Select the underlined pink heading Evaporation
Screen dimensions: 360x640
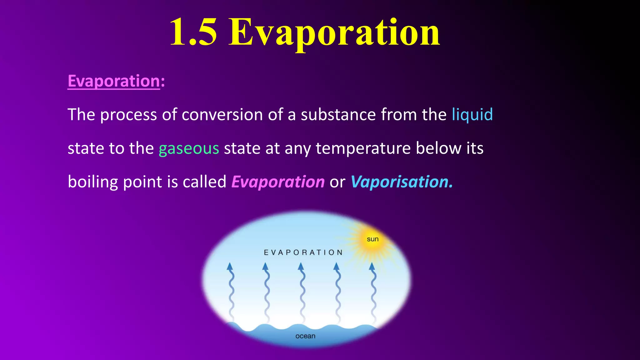(x=114, y=81)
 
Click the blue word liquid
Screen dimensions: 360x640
(x=472, y=115)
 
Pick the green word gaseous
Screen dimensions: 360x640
(x=189, y=148)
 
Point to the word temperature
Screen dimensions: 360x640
(x=363, y=148)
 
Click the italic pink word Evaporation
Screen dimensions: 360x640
(x=278, y=182)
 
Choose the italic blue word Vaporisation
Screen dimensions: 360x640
(x=401, y=182)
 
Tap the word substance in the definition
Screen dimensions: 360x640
(x=338, y=115)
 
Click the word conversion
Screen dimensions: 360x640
(x=222, y=115)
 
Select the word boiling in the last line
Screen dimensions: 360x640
(x=93, y=182)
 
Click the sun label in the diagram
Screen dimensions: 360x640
(x=372, y=239)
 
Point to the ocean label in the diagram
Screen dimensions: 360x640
(x=305, y=336)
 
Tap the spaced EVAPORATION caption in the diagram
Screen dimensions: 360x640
(x=303, y=252)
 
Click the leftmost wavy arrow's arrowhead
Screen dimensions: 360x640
(x=230, y=267)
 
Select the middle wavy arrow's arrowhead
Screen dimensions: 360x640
(x=301, y=267)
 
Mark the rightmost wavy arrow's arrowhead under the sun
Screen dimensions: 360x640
(x=372, y=267)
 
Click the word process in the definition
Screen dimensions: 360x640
(x=128, y=115)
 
